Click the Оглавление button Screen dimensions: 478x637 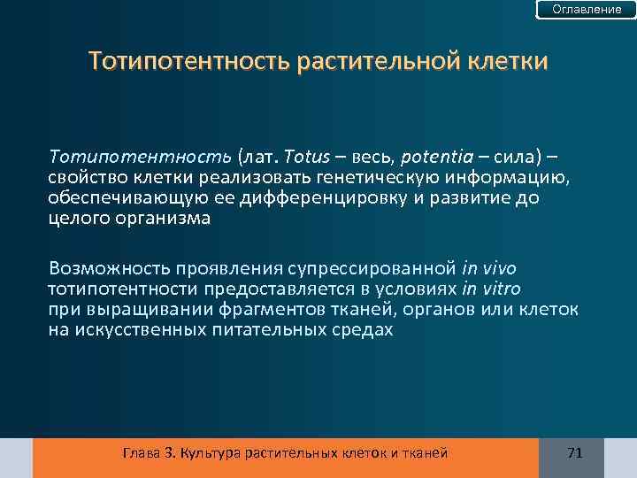point(587,10)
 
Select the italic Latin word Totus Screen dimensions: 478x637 point(306,157)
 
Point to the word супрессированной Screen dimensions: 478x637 point(379,267)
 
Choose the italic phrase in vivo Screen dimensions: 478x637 point(489,267)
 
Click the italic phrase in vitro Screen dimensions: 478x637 point(491,289)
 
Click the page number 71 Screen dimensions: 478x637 point(574,453)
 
